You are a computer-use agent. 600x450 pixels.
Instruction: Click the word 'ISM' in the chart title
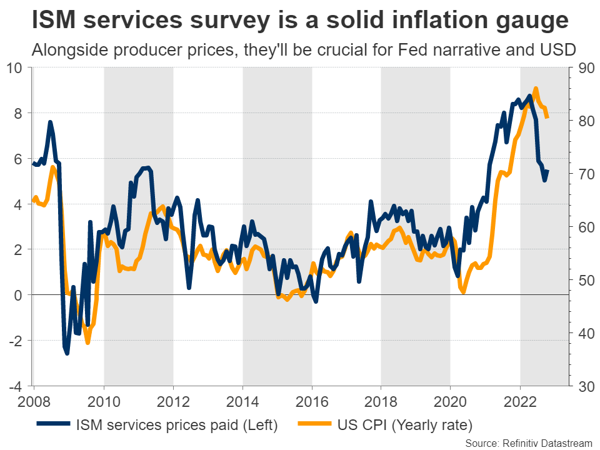coord(57,21)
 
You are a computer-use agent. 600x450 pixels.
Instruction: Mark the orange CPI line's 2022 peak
coord(536,89)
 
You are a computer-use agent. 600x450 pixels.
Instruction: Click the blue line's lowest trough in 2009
coord(67,353)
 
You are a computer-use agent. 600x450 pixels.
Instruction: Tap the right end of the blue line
coord(547,171)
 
